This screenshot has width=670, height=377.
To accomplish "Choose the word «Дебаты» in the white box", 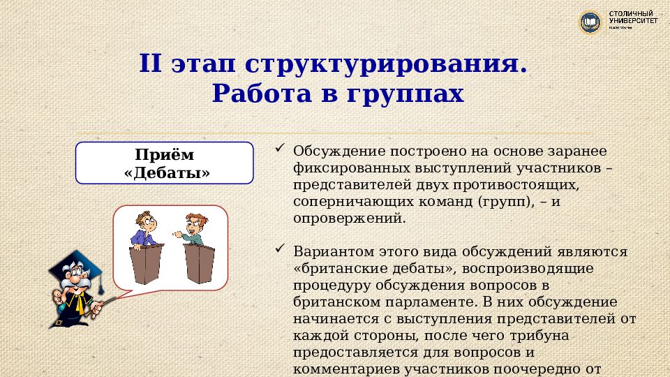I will pyautogui.click(x=165, y=172).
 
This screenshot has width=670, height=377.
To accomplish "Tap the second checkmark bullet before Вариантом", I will pyautogui.click(x=280, y=249).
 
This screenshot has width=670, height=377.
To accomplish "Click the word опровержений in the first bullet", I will pyautogui.click(x=348, y=219).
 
